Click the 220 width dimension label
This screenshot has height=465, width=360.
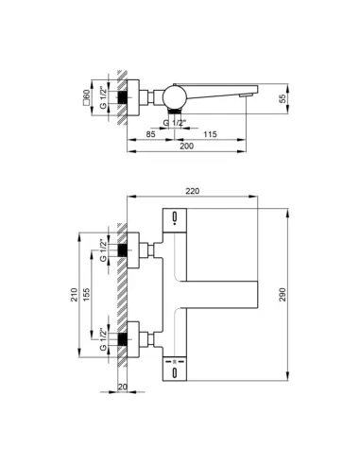[192, 191]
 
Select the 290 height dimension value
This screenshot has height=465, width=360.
[283, 295]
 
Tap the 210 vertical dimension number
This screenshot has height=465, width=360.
[74, 295]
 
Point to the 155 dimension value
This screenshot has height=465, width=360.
[86, 295]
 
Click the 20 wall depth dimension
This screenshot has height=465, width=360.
[123, 387]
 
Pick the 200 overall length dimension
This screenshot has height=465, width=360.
[186, 146]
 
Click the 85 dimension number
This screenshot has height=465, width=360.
[151, 134]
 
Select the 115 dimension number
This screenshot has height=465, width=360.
[210, 134]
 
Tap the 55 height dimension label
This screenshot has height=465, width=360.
[283, 98]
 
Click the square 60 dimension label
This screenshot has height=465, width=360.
[86, 96]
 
